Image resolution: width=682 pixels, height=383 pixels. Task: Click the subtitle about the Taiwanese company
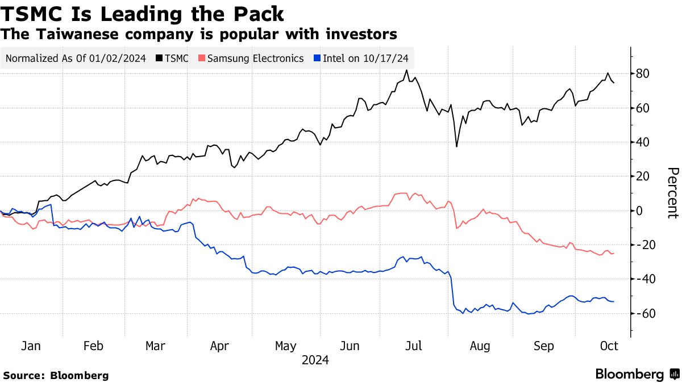tap(199, 34)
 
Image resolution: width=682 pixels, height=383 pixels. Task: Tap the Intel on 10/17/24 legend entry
tap(364, 58)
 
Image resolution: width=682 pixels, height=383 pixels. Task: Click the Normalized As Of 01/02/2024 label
tap(76, 58)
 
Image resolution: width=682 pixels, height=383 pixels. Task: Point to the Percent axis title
tap(672, 193)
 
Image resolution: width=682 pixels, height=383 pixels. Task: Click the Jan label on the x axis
tap(30, 346)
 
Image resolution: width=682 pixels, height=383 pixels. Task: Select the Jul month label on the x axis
tap(414, 346)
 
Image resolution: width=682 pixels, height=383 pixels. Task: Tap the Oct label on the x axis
tap(609, 346)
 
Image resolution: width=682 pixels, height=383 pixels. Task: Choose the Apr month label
tap(219, 346)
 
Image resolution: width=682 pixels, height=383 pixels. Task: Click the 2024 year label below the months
tap(315, 360)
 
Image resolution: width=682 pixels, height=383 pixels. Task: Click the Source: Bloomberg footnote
tap(56, 375)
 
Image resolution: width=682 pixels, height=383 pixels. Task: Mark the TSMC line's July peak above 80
tap(406, 70)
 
